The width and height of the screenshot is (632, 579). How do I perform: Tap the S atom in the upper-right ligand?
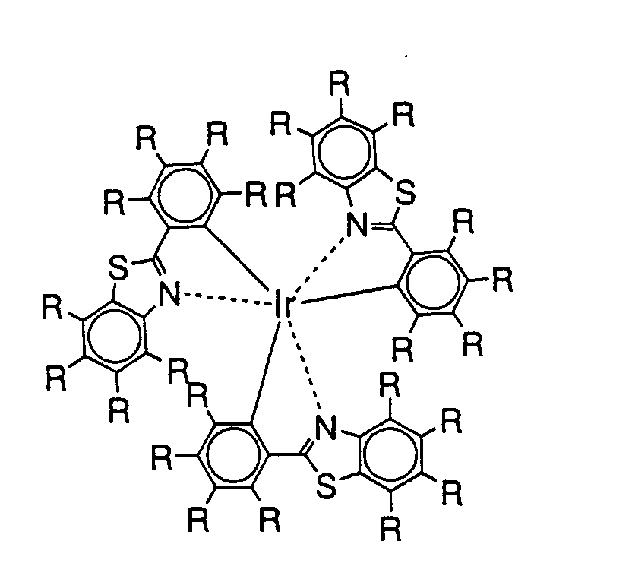[406, 195]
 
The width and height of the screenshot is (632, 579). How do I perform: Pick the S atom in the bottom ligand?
[326, 487]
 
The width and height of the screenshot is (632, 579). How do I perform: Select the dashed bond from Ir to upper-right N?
[318, 264]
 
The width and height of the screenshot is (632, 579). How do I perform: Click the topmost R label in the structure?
[341, 84]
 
